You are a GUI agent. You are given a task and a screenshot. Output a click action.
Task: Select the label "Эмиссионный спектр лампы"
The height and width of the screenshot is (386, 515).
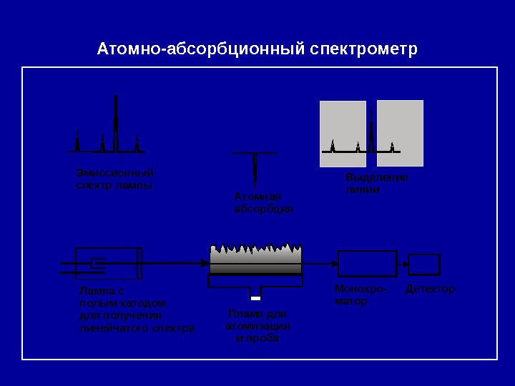114,179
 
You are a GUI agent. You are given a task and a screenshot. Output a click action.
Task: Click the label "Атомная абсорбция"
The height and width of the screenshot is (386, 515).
263,202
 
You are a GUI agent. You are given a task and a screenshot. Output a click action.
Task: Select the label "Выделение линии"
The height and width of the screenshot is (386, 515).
376,184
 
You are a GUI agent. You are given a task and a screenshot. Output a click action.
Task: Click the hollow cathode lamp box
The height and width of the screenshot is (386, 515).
109,264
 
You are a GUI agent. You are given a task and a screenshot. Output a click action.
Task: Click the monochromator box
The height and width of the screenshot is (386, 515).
367,264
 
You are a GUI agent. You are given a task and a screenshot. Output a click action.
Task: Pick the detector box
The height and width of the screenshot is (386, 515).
423,264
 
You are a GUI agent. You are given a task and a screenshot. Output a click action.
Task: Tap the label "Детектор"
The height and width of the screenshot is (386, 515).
430,289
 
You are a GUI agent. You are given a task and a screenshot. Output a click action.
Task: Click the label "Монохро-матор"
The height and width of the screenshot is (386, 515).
360,295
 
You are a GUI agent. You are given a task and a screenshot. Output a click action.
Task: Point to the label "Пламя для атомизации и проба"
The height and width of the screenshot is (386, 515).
257,326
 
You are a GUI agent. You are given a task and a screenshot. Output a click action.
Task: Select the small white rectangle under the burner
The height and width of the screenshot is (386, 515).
255,298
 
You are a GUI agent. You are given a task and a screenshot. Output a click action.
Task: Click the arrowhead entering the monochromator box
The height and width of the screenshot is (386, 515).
334,264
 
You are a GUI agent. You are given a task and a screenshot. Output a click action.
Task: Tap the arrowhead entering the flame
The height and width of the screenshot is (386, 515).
205,264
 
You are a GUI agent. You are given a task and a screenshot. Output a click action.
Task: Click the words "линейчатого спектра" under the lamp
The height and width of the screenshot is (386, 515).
137,328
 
